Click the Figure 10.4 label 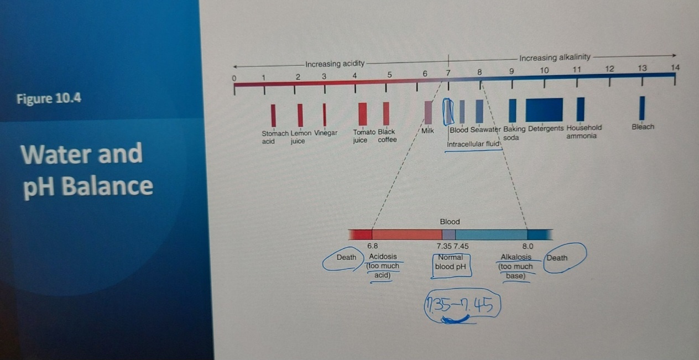pyautogui.click(x=49, y=99)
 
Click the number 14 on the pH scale pyautogui.click(x=675, y=67)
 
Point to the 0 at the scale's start pyautogui.click(x=234, y=79)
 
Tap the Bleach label pyautogui.click(x=643, y=127)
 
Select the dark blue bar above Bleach pyautogui.click(x=642, y=108)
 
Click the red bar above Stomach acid pyautogui.click(x=273, y=114)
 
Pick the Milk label pyautogui.click(x=428, y=131)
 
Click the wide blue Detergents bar pyautogui.click(x=544, y=109)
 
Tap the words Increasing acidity pyautogui.click(x=335, y=64)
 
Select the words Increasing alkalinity pyautogui.click(x=555, y=57)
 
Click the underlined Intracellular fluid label pyautogui.click(x=473, y=144)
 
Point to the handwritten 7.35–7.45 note pyautogui.click(x=462, y=307)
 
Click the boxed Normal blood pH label pyautogui.click(x=451, y=262)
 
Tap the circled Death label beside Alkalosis pyautogui.click(x=557, y=258)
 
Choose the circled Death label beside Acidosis pyautogui.click(x=346, y=258)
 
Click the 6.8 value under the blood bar pyautogui.click(x=373, y=246)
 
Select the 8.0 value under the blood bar pyautogui.click(x=528, y=246)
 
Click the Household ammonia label pyautogui.click(x=583, y=132)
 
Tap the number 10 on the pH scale pyautogui.click(x=544, y=70)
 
